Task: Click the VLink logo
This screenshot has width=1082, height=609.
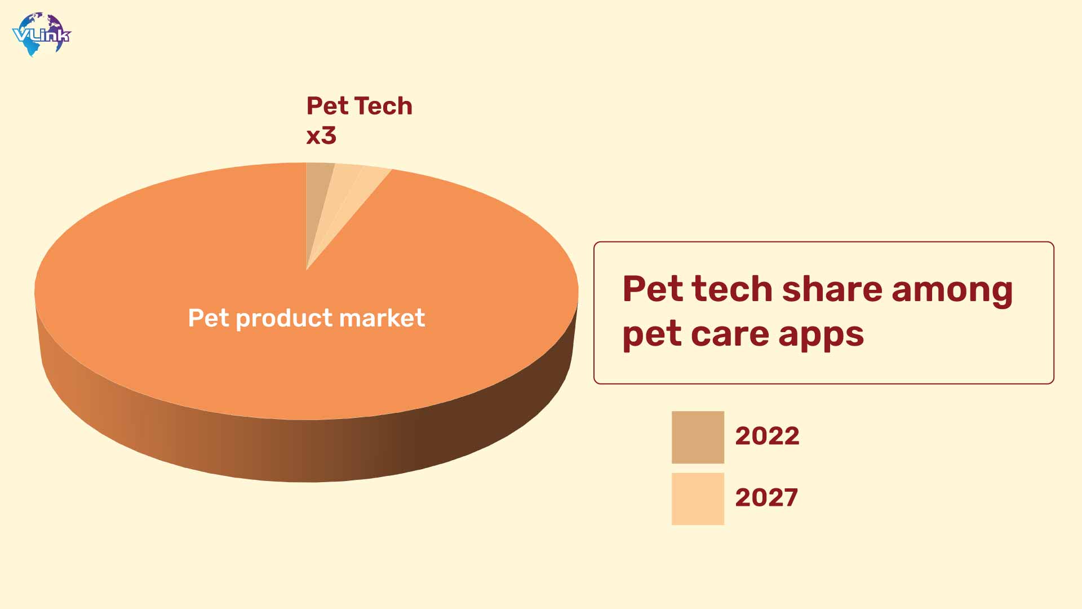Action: [x=42, y=34]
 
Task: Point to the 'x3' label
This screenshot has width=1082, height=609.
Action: [x=321, y=136]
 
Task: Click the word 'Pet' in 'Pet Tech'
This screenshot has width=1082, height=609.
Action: [x=327, y=106]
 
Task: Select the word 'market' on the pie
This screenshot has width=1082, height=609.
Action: [x=382, y=318]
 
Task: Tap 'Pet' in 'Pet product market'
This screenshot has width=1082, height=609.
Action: [x=209, y=318]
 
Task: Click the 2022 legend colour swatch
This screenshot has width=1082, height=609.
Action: [x=698, y=437]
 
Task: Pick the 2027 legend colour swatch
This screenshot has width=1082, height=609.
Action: [x=698, y=498]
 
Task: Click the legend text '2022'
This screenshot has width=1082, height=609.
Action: [x=767, y=436]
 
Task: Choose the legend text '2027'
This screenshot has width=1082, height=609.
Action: [x=766, y=497]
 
